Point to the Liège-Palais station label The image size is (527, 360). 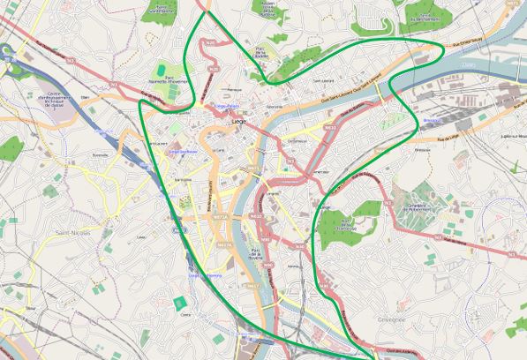(229, 104)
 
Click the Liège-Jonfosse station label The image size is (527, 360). (181, 151)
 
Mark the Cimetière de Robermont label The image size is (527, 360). (418, 207)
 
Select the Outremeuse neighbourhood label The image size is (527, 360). (297, 140)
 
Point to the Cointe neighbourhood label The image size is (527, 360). (184, 313)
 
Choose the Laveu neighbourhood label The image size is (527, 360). (141, 237)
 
